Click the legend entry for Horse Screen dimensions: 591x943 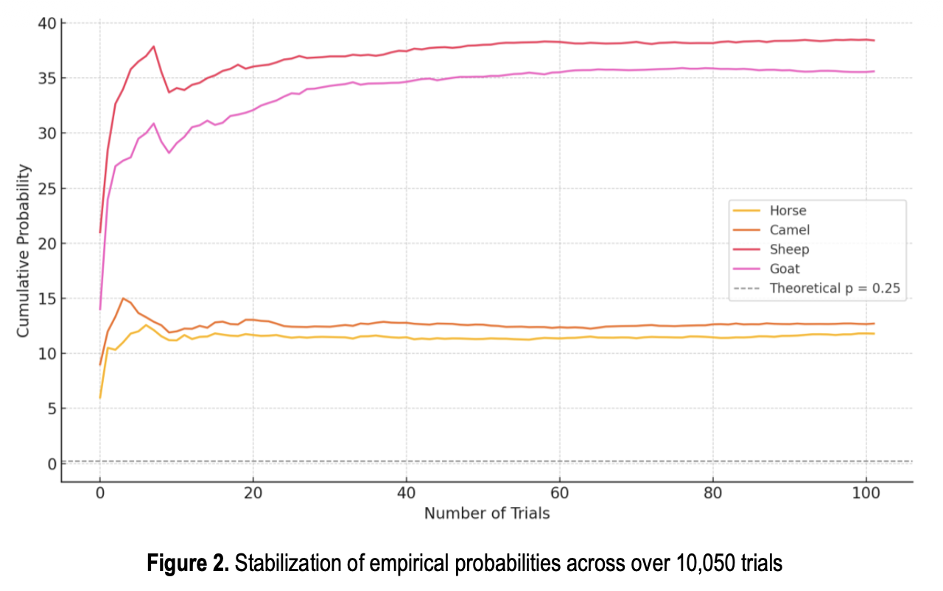tap(788, 211)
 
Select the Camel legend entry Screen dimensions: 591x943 tap(789, 230)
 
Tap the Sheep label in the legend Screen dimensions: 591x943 tap(789, 250)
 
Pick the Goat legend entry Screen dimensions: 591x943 tap(785, 269)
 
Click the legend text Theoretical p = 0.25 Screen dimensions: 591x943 tap(835, 288)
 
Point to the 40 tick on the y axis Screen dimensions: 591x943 tap(47, 23)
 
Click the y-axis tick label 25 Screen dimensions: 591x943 tap(47, 188)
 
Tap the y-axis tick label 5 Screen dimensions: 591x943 tap(52, 408)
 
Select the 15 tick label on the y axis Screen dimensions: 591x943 tap(47, 298)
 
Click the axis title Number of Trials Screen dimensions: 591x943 tap(486, 514)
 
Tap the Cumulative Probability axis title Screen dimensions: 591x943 tap(24, 251)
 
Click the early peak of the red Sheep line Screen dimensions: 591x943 tap(153, 46)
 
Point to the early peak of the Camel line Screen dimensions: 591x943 tap(123, 298)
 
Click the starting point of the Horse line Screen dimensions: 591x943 tap(100, 398)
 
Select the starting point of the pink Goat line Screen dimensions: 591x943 tap(100, 309)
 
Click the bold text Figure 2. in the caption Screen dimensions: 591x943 tap(188, 564)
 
